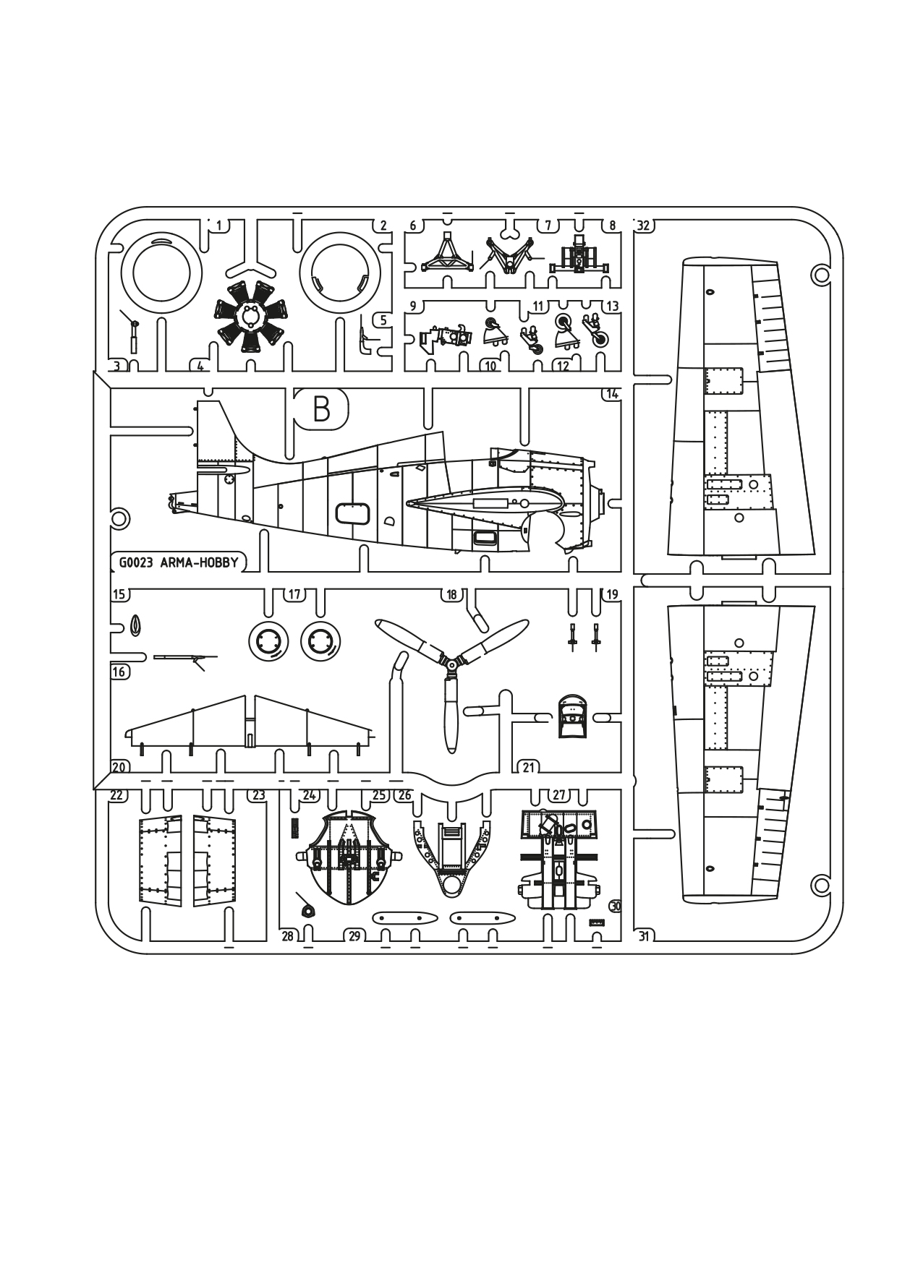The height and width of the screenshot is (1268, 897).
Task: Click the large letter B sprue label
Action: (322, 409)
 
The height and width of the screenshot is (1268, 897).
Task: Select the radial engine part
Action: (250, 316)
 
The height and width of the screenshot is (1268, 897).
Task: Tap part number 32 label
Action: (643, 226)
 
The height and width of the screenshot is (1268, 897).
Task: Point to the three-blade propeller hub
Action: (451, 662)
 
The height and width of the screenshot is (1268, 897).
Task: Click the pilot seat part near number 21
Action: (572, 716)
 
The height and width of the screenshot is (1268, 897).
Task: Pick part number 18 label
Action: (452, 595)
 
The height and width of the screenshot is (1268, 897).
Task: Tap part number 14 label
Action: (612, 394)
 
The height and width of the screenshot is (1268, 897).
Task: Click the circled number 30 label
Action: (616, 906)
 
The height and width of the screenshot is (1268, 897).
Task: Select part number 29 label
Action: (354, 936)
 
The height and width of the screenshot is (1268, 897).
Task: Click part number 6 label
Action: (413, 226)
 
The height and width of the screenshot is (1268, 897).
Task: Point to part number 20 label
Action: (119, 767)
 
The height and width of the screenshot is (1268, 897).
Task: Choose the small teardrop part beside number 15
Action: (135, 626)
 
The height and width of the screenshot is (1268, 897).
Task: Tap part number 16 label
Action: (119, 672)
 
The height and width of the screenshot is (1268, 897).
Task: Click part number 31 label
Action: (643, 936)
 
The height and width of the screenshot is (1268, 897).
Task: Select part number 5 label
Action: (383, 320)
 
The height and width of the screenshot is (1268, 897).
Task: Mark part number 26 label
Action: (404, 795)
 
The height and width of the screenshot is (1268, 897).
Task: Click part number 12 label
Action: (562, 366)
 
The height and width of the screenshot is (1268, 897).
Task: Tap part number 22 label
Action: (116, 795)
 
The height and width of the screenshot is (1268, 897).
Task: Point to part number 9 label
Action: (413, 306)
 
